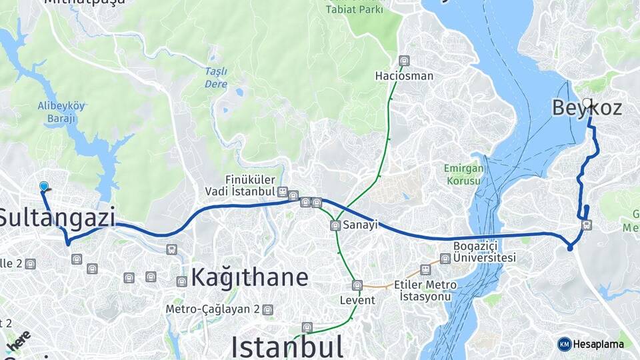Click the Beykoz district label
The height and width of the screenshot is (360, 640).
click(587, 107)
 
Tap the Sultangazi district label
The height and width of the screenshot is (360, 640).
click(57, 218)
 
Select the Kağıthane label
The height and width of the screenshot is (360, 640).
click(250, 277)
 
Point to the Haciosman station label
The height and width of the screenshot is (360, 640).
click(404, 76)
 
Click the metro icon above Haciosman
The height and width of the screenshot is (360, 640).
click(403, 61)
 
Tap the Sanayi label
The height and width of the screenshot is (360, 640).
click(361, 225)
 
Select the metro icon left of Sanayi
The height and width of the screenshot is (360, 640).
click(335, 225)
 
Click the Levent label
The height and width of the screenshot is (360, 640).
click(357, 300)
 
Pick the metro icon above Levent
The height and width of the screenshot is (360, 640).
click(357, 285)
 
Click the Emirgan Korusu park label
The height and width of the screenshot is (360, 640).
click(462, 175)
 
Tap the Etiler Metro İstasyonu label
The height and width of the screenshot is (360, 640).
click(425, 290)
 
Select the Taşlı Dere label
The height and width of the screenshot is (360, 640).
click(216, 78)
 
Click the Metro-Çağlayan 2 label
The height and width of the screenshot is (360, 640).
click(213, 309)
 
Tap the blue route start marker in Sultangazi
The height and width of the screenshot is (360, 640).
click(44, 187)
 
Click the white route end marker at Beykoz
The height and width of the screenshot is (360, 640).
click(587, 103)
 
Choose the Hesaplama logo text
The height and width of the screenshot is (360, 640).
click(598, 344)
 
